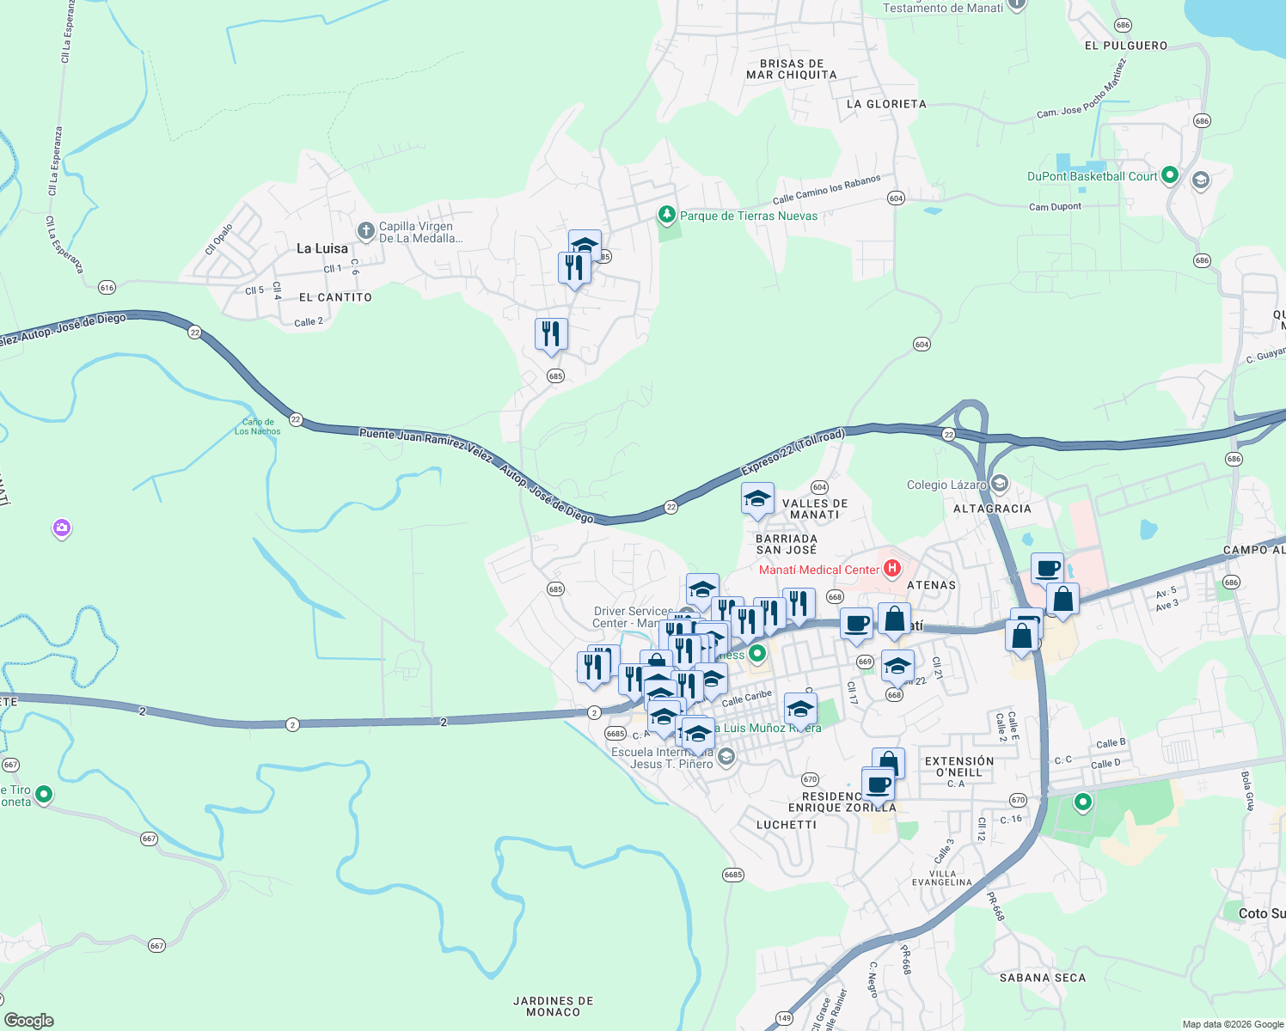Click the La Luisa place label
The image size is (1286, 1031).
click(322, 248)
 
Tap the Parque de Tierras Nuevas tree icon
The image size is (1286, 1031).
click(666, 215)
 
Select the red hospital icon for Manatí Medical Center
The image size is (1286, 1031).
click(892, 569)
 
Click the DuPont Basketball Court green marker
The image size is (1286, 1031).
click(1169, 175)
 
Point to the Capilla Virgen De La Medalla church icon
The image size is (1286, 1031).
click(365, 231)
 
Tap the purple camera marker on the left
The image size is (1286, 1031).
click(61, 528)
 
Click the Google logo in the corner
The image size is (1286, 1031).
click(28, 1020)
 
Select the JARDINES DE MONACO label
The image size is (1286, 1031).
click(553, 1006)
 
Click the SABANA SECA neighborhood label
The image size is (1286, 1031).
click(1042, 978)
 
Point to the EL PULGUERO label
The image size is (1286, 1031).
click(1125, 46)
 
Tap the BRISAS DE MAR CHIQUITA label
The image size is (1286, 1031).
click(791, 69)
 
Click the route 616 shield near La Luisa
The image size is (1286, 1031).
click(107, 288)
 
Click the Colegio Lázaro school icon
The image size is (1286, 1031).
click(999, 484)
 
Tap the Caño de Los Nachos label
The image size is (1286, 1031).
click(258, 426)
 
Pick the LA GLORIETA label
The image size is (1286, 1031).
click(886, 104)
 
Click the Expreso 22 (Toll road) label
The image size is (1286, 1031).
click(793, 452)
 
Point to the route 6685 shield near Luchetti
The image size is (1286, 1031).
click(732, 875)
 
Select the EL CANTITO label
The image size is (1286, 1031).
click(335, 297)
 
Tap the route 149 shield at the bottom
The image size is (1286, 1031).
click(784, 1018)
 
